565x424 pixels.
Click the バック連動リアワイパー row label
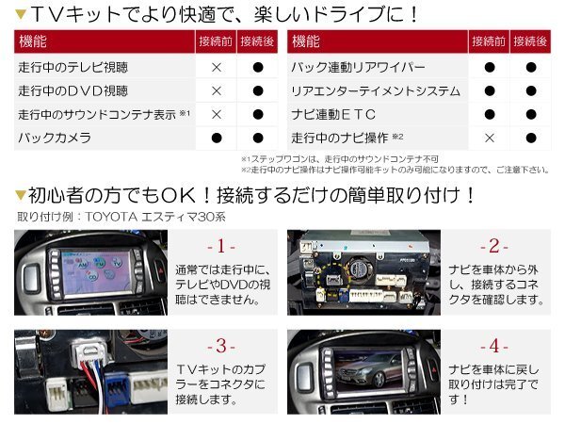click(359, 68)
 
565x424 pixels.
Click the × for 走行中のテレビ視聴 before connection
click(217, 68)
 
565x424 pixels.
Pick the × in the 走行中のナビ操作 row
click(490, 138)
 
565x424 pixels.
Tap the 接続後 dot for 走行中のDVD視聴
click(257, 91)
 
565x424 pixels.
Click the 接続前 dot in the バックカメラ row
click(217, 138)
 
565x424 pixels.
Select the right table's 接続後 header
click(530, 42)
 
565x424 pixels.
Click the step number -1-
click(222, 246)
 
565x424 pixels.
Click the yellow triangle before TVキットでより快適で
click(20, 14)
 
